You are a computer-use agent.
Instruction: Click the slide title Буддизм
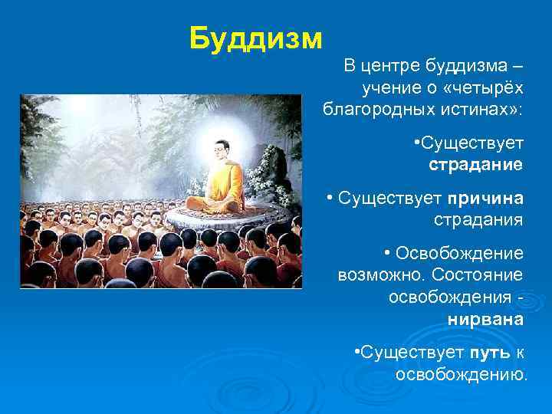pyautogui.click(x=256, y=37)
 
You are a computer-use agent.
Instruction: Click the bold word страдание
pyautogui.click(x=475, y=164)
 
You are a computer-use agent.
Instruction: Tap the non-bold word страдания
pyautogui.click(x=478, y=221)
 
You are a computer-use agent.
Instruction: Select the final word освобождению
pyautogui.click(x=462, y=375)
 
